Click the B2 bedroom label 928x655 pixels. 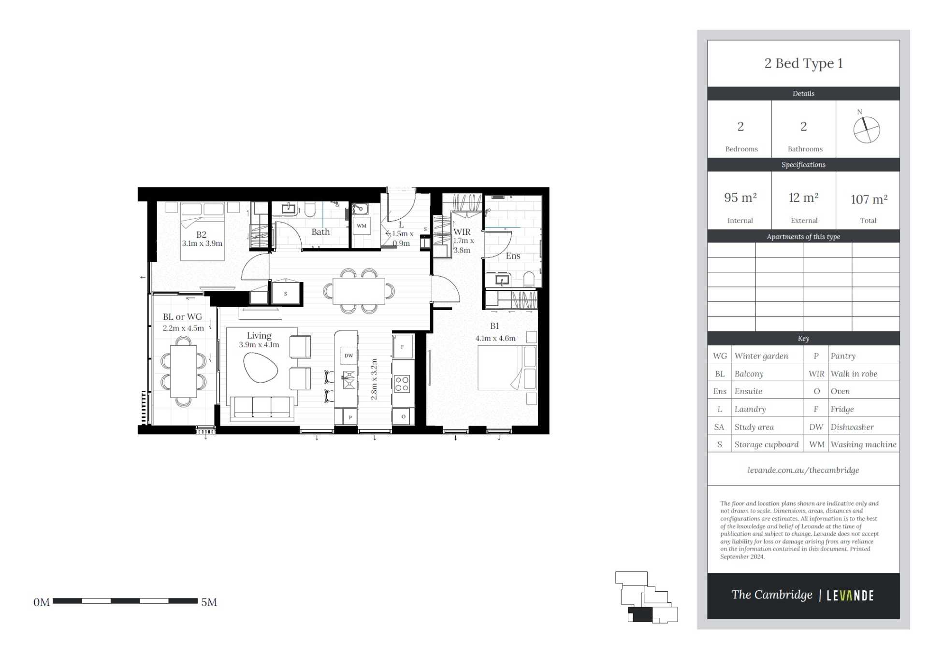201,234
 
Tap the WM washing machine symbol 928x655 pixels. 362,226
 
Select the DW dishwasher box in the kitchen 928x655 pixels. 348,356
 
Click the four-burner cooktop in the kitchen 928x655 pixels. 402,384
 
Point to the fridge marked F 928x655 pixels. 402,346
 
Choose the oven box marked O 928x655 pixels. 403,416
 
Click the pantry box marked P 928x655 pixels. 350,417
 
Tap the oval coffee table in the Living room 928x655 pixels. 261,368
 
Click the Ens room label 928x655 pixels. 513,256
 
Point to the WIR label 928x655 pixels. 462,232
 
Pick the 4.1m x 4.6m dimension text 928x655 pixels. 495,338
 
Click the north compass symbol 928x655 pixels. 866,129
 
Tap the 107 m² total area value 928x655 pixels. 869,199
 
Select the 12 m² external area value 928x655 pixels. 803,198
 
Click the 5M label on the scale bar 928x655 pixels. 209,602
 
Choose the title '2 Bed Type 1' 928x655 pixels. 803,63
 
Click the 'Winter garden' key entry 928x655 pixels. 761,356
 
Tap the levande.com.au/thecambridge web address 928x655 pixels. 803,470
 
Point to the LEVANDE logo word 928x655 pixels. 850,596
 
